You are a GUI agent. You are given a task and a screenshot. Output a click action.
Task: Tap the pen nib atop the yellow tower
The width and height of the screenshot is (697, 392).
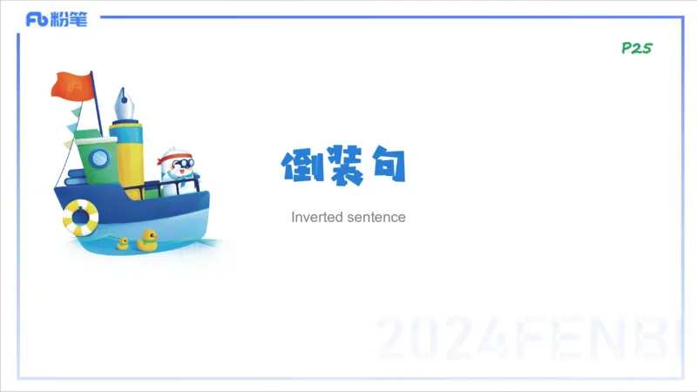(x=123, y=104)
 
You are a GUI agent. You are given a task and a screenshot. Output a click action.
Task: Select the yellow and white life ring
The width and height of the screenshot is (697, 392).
(x=80, y=217)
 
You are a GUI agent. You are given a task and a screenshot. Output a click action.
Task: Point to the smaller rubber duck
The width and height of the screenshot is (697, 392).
(x=123, y=243)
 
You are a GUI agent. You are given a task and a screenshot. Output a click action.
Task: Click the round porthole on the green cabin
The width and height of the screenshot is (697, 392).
(x=99, y=158)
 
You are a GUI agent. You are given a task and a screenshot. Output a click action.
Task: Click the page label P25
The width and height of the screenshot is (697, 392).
(x=636, y=49)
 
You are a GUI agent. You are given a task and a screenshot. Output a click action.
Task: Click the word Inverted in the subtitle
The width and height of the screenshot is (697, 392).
(x=315, y=217)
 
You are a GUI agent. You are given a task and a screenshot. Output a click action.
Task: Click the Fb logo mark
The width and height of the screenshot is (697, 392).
(x=37, y=19)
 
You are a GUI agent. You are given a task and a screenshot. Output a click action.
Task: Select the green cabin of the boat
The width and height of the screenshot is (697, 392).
(x=92, y=161)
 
